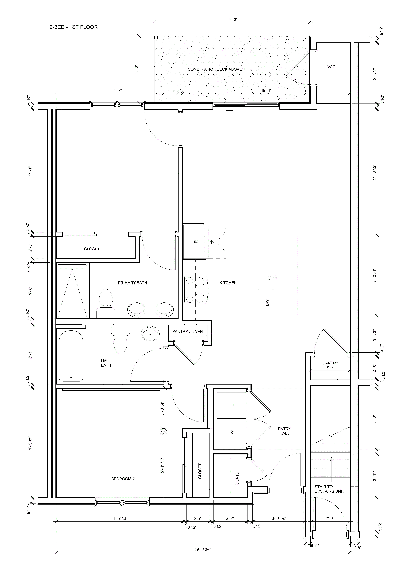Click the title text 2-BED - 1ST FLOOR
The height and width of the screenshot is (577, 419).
[74, 27]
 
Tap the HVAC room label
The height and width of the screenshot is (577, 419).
[330, 67]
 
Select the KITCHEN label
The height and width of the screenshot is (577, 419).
[228, 283]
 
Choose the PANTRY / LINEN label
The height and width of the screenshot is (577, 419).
[187, 331]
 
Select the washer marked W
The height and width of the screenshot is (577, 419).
[232, 432]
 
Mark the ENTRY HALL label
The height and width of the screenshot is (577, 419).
[284, 431]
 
